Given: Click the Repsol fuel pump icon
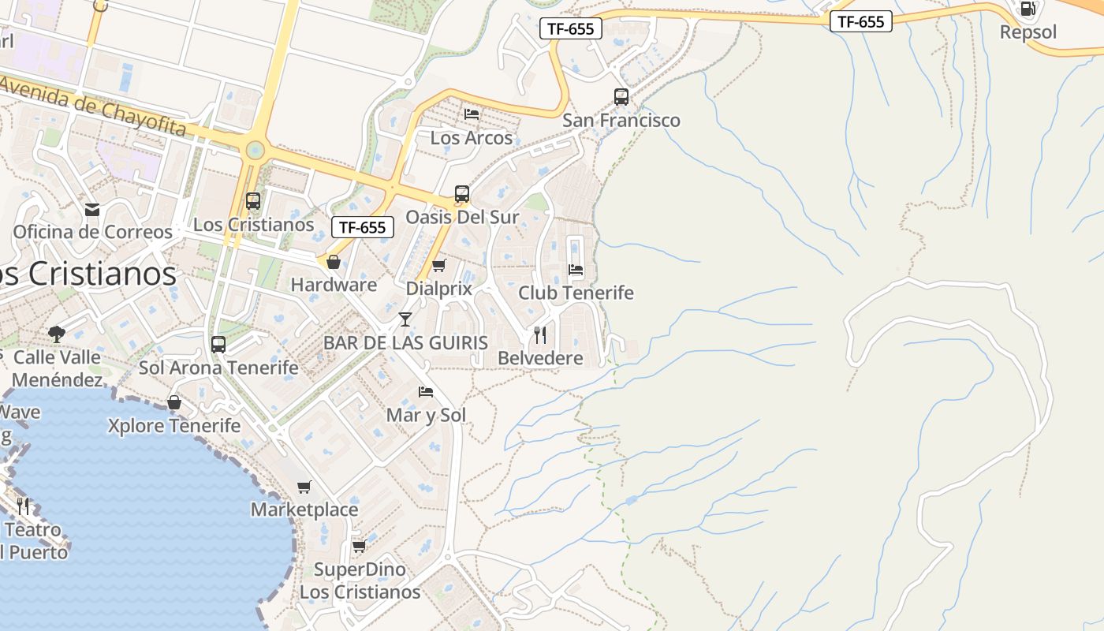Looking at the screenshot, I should [x=1028, y=9].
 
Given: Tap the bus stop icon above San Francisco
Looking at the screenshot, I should [x=621, y=97].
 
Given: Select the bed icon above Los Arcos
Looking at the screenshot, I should [x=472, y=114].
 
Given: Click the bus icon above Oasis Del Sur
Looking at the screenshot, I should [x=462, y=194].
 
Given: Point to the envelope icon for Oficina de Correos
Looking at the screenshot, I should [x=92, y=209].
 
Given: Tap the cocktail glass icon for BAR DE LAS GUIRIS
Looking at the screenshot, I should [x=405, y=319].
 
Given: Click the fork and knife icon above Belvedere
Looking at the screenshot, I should [x=540, y=334].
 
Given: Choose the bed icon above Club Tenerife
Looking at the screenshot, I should [x=576, y=270].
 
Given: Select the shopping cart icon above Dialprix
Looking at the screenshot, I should [x=439, y=265].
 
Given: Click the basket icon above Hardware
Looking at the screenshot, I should [x=334, y=262].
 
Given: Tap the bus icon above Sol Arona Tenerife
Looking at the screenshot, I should [x=218, y=345].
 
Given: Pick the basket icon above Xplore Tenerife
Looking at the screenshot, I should [x=174, y=403].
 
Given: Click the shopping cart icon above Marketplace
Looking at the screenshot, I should [x=304, y=487].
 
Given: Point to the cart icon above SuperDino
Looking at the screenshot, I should [x=359, y=546].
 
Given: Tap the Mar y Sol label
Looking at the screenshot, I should [x=426, y=415].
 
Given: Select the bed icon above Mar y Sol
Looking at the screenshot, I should [x=426, y=392].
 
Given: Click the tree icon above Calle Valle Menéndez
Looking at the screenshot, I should [x=57, y=334].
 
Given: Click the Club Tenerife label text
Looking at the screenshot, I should [x=576, y=293].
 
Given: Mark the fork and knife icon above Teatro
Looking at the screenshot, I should [x=24, y=506].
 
